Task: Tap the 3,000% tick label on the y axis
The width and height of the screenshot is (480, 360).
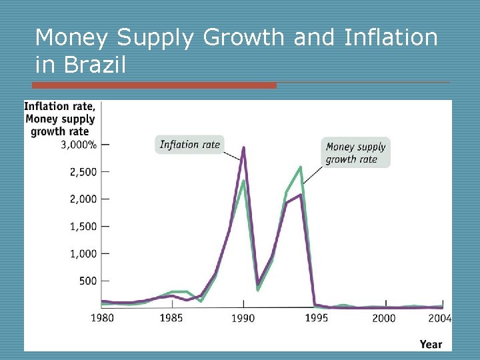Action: pyautogui.click(x=79, y=145)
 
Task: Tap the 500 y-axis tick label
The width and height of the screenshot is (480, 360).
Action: pyautogui.click(x=87, y=281)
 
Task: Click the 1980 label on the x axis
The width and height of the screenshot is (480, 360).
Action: pyautogui.click(x=102, y=318)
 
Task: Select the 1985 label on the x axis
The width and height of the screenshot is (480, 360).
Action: pyautogui.click(x=171, y=318)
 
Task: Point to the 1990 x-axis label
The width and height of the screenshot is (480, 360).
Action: pyautogui.click(x=243, y=318)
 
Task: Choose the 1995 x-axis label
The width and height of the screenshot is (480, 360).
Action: pyautogui.click(x=317, y=318)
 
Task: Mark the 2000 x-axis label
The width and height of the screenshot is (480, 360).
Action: pyautogui.click(x=383, y=318)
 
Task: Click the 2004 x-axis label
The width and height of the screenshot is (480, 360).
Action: pyautogui.click(x=440, y=318)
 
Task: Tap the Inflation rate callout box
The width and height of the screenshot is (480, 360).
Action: pyautogui.click(x=189, y=145)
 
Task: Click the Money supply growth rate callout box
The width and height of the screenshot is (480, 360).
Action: pyautogui.click(x=356, y=153)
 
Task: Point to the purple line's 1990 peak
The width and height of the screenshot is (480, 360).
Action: pyautogui.click(x=244, y=148)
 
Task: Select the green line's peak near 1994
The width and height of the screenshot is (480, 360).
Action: pyautogui.click(x=301, y=167)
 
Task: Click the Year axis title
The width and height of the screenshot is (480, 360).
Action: pyautogui.click(x=431, y=344)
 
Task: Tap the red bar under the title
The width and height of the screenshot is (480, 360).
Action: pyautogui.click(x=154, y=85)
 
